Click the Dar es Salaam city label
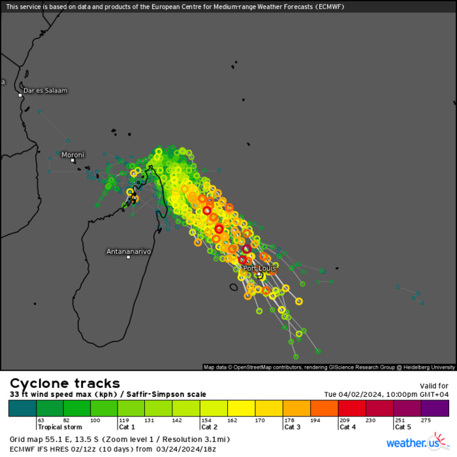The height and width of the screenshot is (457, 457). [45, 90]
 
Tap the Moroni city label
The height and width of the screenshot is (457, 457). [72, 155]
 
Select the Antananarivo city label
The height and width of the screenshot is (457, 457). [129, 251]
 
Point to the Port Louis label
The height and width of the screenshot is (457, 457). [259, 268]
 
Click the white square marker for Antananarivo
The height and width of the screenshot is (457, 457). [129, 257]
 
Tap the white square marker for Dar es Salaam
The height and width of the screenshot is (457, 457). [20, 95]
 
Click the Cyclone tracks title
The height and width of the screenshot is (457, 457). [65, 383]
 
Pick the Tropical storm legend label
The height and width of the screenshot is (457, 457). [58, 427]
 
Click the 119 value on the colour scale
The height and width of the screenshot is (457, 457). [123, 420]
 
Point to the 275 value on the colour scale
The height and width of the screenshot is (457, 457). [426, 420]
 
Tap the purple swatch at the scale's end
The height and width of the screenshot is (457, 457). [435, 409]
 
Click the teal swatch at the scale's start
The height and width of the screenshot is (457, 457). [22, 409]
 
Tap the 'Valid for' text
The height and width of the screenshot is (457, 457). [433, 385]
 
